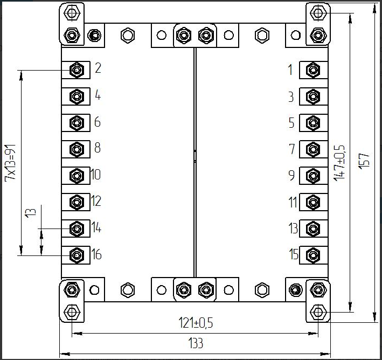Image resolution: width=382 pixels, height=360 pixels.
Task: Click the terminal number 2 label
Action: pos(98,68)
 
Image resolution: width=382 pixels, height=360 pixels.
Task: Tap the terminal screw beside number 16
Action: pos(77,254)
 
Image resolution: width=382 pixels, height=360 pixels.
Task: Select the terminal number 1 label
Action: pos(290,70)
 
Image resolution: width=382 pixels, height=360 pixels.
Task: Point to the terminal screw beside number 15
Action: pos(312,254)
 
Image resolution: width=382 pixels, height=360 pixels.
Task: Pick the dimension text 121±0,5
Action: pos(196,323)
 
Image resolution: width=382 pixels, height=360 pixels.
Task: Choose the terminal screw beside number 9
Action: pos(312,176)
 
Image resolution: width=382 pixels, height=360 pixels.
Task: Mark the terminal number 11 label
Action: pos(293,203)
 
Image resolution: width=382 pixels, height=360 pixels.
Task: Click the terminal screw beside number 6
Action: pos(77,123)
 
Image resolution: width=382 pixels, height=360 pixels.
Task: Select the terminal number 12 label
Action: pos(96,202)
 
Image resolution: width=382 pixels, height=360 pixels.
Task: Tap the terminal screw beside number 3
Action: pos(312,96)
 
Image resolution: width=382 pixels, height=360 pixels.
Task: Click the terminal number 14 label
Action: pos(96,228)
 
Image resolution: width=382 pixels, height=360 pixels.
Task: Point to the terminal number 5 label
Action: pos(291,123)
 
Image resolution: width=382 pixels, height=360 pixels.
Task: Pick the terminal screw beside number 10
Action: pos(77,176)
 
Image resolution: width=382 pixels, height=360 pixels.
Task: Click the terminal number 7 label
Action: pos(291,149)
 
